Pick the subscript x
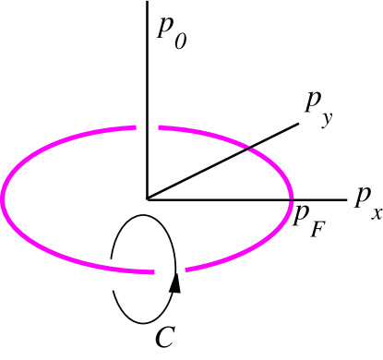(x=376, y=213)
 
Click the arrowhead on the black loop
(x=174, y=282)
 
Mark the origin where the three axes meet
(x=147, y=198)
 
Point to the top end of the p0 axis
(x=147, y=2)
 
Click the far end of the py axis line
(x=299, y=118)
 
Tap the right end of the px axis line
(x=343, y=198)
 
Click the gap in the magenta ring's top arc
(x=147, y=126)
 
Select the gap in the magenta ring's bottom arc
(x=167, y=271)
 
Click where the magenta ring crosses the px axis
(x=290, y=198)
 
